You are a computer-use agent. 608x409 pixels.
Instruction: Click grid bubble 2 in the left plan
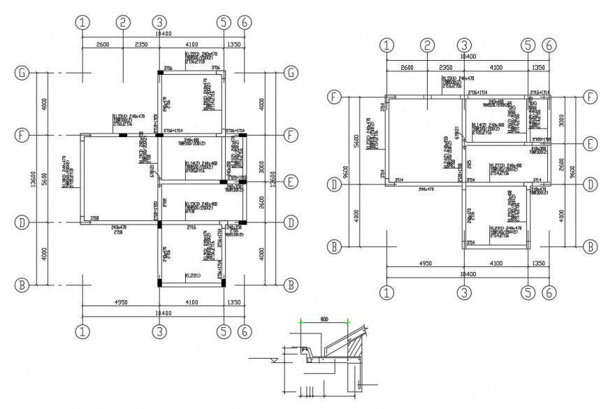coord(122,22)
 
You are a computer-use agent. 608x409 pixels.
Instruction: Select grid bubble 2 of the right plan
coord(426,45)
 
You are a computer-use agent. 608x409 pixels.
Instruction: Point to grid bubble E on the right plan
coord(591,144)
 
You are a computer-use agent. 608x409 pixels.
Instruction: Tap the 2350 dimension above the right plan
coord(444,67)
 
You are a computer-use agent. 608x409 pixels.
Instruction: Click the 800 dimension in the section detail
coord(324,319)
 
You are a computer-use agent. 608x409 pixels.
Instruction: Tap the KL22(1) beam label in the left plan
coord(193,275)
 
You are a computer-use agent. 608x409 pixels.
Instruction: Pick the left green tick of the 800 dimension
coord(301,322)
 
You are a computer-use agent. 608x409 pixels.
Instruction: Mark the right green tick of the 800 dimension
coord(348,322)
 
